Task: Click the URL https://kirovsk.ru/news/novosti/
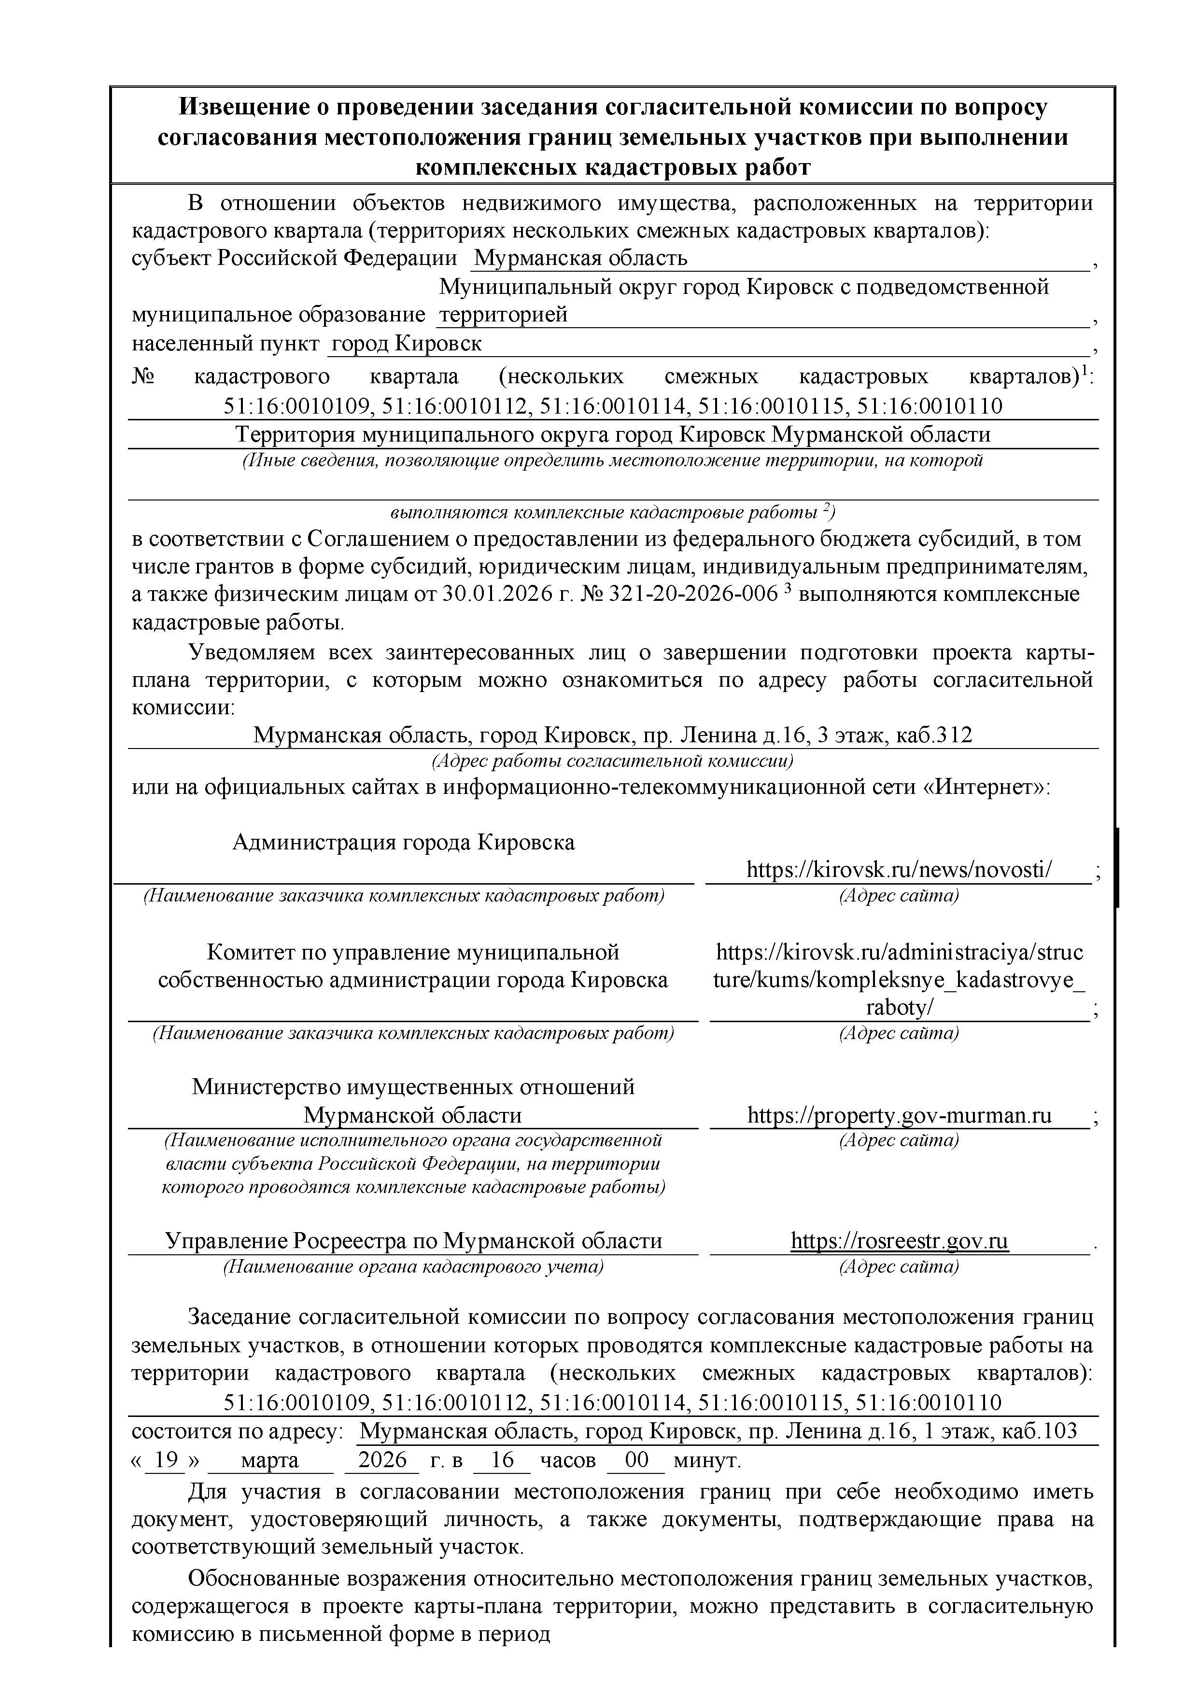[899, 870]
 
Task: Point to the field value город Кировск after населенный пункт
[407, 344]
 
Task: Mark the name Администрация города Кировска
[404, 842]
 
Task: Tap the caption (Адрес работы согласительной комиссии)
[612, 760]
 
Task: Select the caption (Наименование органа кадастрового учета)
[413, 1267]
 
